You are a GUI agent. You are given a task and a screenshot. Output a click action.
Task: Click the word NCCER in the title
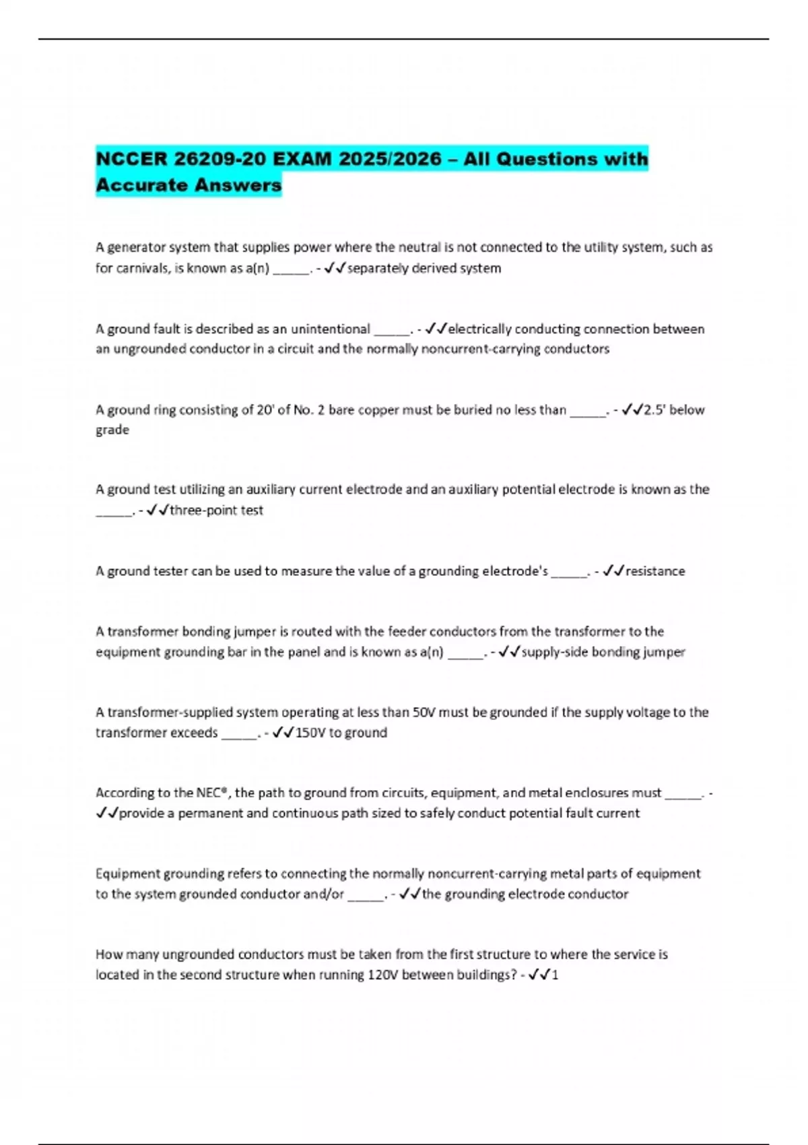point(132,159)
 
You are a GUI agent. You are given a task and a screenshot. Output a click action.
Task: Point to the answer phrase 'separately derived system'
point(424,268)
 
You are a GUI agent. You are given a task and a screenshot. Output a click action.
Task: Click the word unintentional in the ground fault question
point(331,329)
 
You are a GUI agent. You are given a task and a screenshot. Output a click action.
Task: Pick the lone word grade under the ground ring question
point(112,430)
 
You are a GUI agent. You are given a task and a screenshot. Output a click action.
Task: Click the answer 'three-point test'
point(216,511)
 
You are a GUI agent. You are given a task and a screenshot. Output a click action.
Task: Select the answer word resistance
point(655,571)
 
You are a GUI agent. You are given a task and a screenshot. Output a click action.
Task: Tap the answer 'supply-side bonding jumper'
point(603,652)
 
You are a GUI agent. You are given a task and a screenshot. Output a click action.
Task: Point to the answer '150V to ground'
point(341,733)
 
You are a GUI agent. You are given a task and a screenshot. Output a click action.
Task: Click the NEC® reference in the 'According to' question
point(212,793)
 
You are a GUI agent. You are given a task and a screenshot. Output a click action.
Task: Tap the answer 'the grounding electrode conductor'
point(525,894)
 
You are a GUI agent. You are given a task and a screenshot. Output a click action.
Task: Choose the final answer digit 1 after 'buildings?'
point(555,975)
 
